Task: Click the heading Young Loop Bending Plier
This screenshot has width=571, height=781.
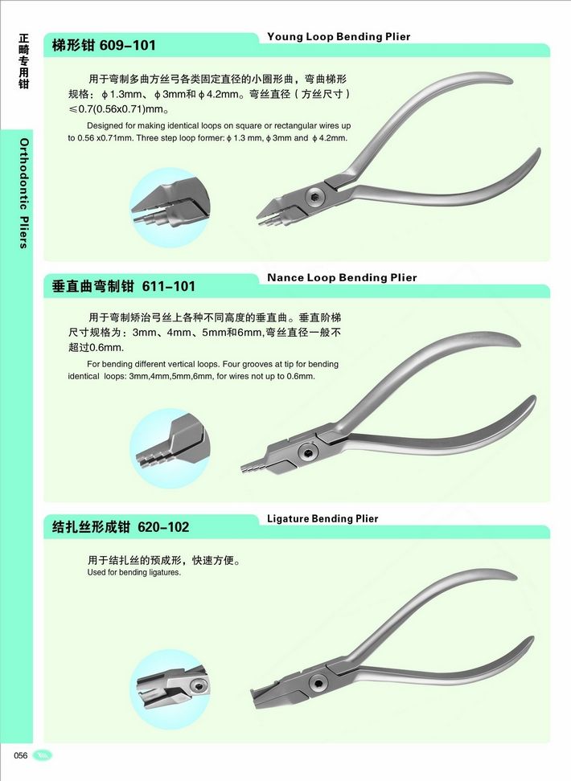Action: (339, 36)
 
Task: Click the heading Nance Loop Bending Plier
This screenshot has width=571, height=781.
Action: (342, 277)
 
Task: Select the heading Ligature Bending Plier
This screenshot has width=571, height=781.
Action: (322, 518)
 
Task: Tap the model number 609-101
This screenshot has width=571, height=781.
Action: (128, 45)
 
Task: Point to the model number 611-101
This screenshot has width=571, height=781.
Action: (169, 286)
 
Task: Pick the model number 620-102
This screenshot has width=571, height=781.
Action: (163, 527)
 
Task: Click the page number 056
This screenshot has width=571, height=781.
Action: (21, 755)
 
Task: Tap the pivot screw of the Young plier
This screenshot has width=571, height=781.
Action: (314, 196)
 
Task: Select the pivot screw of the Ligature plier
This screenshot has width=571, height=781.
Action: (317, 683)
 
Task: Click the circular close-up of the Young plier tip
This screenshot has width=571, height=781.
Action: (170, 207)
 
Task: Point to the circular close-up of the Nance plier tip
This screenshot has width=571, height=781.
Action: (170, 448)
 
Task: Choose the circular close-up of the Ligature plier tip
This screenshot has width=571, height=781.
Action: (170, 689)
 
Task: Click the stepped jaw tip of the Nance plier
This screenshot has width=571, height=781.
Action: (253, 466)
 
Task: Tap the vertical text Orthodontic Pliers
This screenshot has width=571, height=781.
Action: (24, 194)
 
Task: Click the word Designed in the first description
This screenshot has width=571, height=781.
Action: (105, 126)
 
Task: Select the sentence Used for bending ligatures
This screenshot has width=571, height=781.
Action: (134, 573)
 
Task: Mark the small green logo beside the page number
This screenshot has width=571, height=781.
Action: (43, 755)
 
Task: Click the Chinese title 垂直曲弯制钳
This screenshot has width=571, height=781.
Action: (93, 286)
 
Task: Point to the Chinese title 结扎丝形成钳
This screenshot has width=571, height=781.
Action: (91, 527)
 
